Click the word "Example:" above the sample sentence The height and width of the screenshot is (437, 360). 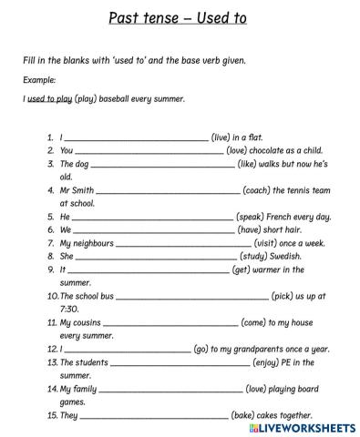point(40,80)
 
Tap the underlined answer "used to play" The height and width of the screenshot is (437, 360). point(50,98)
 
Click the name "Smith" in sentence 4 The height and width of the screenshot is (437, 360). point(81,190)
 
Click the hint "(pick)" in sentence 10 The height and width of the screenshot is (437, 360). point(285,296)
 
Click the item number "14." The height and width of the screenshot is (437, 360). point(52,389)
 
